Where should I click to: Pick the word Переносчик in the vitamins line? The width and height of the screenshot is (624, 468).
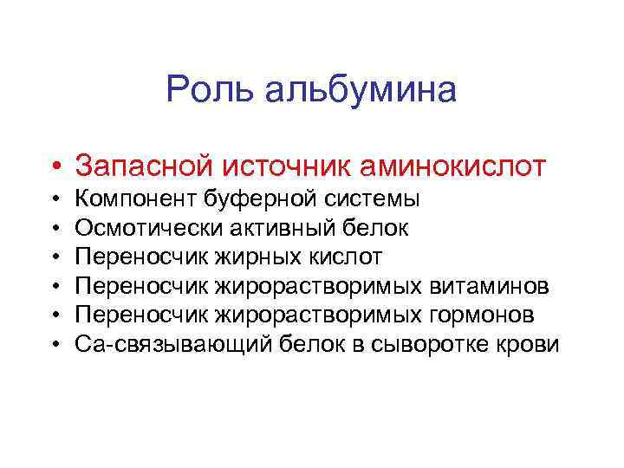(x=143, y=287)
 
